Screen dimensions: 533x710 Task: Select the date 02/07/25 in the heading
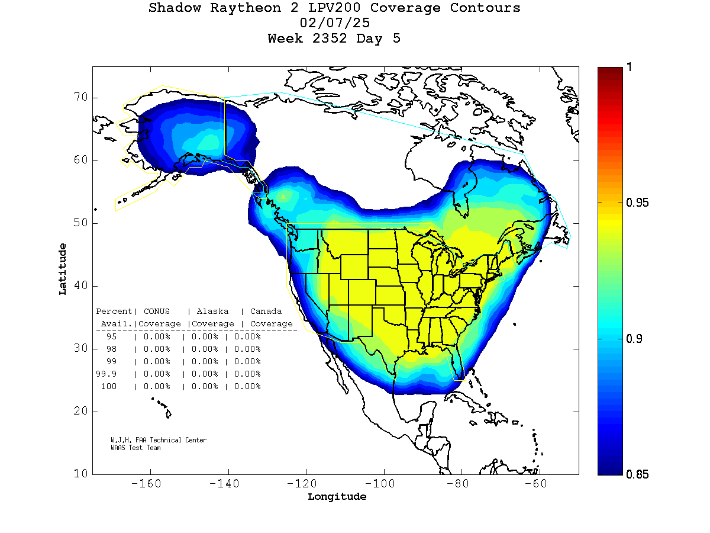tap(335, 23)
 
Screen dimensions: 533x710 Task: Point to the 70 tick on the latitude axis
tap(80, 98)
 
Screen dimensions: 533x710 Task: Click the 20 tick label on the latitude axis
tap(80, 412)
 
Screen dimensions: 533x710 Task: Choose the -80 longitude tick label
tap(461, 484)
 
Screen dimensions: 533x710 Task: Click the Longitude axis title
tap(337, 497)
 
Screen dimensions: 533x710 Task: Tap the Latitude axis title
tap(63, 269)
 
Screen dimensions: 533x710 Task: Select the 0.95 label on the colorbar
tap(637, 203)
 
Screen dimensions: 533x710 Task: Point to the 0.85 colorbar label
tap(637, 474)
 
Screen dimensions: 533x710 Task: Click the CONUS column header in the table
tap(156, 312)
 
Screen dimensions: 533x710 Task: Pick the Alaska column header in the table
tap(212, 312)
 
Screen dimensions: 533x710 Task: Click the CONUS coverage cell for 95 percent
tap(157, 336)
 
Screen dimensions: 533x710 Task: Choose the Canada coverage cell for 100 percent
tap(247, 387)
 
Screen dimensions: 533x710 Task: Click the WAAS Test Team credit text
tap(135, 448)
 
